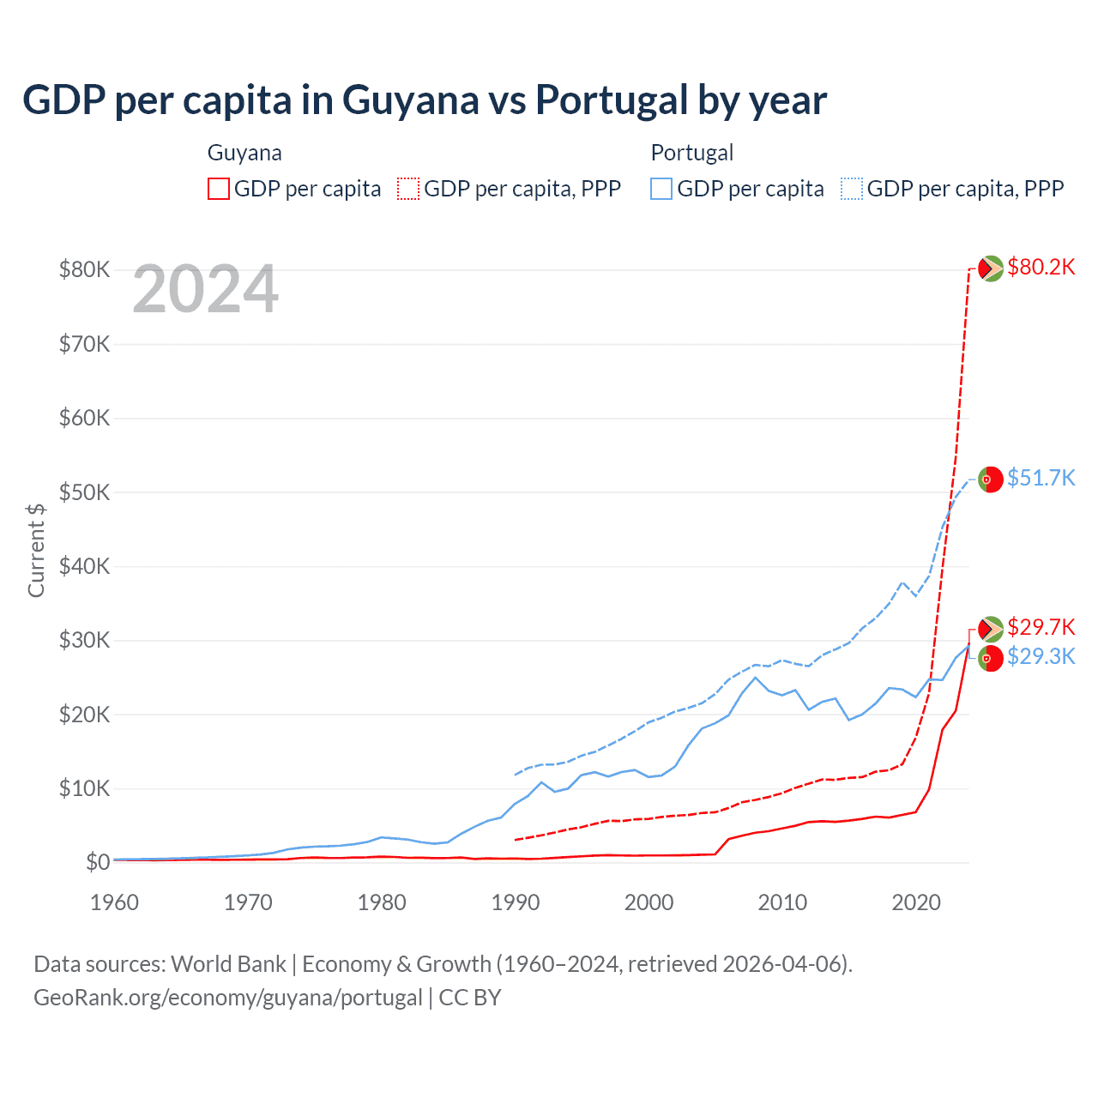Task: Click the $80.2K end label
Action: pos(1041,268)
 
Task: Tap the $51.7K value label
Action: pos(1041,478)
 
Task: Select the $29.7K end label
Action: pos(1041,627)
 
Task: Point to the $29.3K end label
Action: pos(1041,657)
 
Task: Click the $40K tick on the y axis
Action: pos(84,566)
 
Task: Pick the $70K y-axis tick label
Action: pos(84,344)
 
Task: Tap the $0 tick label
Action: pos(98,862)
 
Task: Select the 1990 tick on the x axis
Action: pos(516,902)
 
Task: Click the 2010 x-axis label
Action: pos(782,902)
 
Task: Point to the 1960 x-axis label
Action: pos(115,902)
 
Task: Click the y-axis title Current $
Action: pos(36,550)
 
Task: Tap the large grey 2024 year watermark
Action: pos(205,290)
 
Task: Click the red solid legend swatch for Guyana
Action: pos(219,189)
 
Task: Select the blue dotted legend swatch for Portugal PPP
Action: pos(852,189)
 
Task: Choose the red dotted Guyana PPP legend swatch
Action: pos(408,189)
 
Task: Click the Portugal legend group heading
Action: pos(692,153)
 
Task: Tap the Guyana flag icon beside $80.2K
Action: pos(991,268)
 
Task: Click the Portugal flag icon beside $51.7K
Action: pos(991,479)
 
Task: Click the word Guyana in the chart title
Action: pos(411,100)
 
